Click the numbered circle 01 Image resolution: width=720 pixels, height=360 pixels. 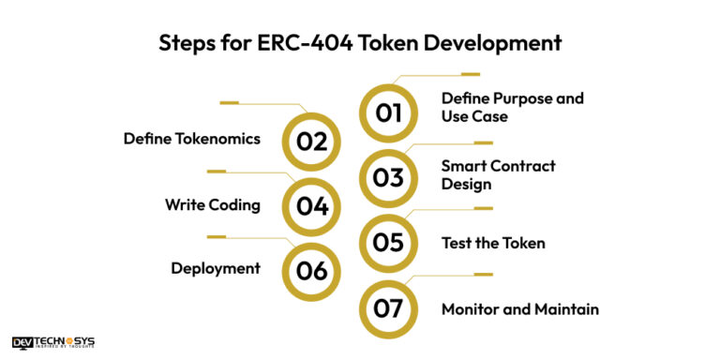point(388,113)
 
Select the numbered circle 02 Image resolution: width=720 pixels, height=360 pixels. point(311,142)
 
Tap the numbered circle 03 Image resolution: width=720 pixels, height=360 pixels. point(388,177)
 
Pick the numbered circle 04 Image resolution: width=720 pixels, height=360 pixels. point(311,206)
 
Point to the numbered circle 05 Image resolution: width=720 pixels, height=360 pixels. point(388,243)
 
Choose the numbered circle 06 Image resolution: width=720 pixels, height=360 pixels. point(311,271)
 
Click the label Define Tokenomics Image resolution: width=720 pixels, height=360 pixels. point(192,139)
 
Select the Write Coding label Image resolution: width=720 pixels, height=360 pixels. point(213,203)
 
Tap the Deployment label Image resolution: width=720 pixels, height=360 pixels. point(216,268)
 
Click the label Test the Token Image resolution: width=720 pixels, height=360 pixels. point(493,243)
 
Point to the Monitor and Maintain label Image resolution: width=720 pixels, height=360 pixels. point(520,308)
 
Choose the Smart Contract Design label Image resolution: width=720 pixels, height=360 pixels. point(498,174)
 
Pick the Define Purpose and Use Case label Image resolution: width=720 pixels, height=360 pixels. point(512,107)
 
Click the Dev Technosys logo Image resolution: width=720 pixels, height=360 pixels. point(53,343)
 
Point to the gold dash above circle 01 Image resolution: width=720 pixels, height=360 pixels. point(470,74)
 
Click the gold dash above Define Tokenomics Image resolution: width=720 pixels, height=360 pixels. point(230,102)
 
